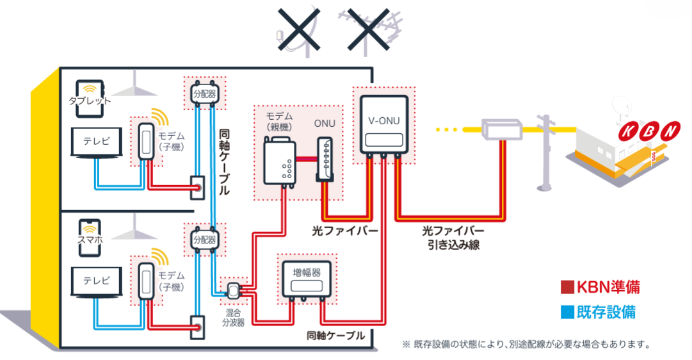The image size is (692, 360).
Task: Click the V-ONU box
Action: [383, 124]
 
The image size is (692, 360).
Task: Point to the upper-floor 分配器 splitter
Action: [204, 94]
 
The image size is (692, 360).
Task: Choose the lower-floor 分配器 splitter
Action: [204, 241]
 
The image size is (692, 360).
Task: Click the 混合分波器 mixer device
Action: [234, 291]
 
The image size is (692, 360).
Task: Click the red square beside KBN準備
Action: [565, 286]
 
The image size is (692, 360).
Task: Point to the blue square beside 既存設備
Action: [565, 313]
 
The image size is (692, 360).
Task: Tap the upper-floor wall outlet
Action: [198, 188]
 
